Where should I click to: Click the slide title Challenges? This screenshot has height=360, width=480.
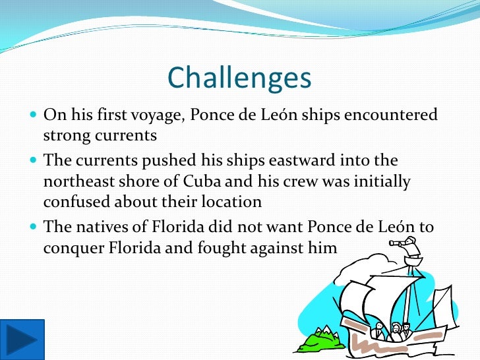point(239,78)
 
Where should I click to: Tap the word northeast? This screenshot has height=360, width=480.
point(81,181)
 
